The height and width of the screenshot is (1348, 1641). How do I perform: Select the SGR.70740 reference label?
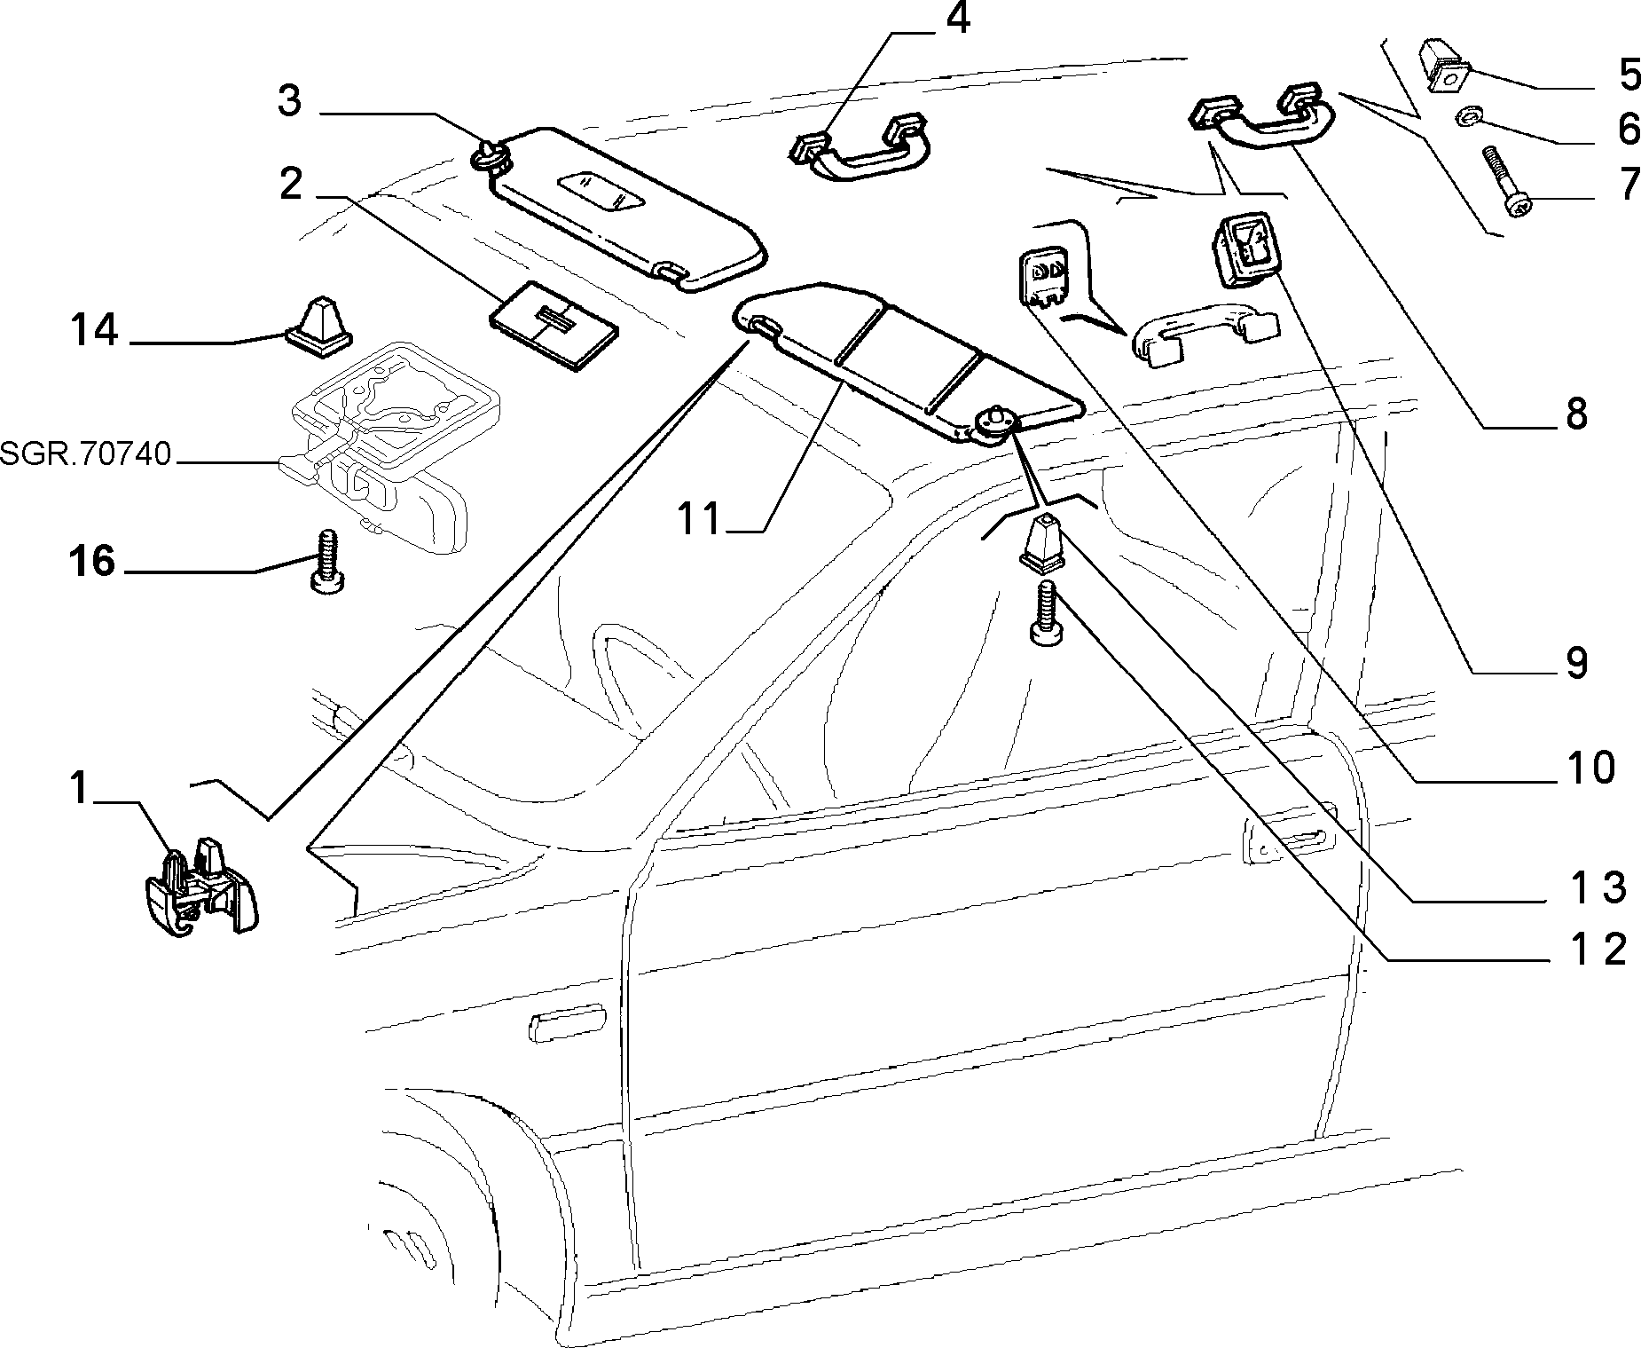tap(85, 453)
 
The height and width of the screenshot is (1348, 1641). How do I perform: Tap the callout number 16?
tap(92, 561)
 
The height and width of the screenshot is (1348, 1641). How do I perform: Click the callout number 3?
tap(290, 101)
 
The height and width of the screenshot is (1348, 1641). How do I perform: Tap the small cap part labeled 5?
tap(1444, 66)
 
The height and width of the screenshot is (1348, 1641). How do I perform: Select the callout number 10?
tap(1591, 767)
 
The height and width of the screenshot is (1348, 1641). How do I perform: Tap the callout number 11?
tap(701, 518)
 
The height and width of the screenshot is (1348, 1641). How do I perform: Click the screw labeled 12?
tap(1044, 611)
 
